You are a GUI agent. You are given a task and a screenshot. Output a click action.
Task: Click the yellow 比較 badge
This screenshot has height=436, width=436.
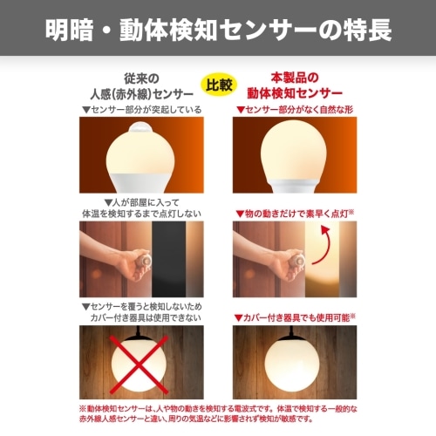(x=219, y=85)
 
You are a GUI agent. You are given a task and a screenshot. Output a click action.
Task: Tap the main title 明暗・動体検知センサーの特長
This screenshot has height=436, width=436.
(x=218, y=30)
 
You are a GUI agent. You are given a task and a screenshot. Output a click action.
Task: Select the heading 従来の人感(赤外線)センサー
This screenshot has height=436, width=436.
(x=141, y=86)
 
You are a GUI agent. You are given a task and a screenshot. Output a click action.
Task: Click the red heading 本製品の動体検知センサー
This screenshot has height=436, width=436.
(x=295, y=85)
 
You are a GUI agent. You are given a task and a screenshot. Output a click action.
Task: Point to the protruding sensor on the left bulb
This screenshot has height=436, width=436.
(x=141, y=129)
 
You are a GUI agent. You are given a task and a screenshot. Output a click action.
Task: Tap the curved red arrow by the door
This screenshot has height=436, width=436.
(x=322, y=245)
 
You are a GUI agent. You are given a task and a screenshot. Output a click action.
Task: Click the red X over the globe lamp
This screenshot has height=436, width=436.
(x=139, y=364)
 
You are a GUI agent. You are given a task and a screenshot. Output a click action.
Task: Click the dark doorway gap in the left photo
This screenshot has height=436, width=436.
(x=168, y=259)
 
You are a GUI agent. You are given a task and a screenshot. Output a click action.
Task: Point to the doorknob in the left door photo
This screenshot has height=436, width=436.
(x=144, y=261)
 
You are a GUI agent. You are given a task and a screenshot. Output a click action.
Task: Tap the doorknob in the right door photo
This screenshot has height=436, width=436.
(x=297, y=261)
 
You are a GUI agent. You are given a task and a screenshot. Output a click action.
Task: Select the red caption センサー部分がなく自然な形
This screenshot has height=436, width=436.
(x=295, y=110)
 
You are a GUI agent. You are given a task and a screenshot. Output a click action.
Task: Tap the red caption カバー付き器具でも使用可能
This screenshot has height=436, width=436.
(x=295, y=317)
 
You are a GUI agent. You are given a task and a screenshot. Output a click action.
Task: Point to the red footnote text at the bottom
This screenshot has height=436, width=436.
(x=218, y=414)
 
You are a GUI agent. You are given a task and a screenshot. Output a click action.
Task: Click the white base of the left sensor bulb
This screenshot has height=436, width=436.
(x=141, y=182)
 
